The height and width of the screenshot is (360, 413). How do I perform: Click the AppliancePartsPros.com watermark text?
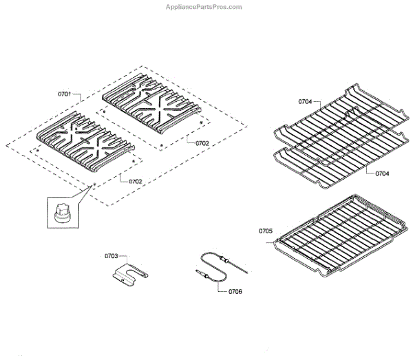point(204,7)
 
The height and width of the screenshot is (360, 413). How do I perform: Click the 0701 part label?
point(65,94)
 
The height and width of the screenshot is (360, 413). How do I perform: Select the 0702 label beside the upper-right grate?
point(202,143)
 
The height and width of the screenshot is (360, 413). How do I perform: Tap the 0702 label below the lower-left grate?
point(135,182)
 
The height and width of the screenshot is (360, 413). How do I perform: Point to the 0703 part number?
point(111,256)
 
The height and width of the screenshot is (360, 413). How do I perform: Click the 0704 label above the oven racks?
point(305,101)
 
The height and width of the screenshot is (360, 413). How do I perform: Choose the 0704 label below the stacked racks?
point(382,173)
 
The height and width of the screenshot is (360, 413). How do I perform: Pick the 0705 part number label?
point(265,231)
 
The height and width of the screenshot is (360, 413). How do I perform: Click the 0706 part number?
point(235,292)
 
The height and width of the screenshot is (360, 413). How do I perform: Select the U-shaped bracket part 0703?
point(130,275)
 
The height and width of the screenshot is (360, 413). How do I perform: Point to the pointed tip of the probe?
point(247,273)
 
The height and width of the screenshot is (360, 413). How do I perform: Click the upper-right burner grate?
point(151,103)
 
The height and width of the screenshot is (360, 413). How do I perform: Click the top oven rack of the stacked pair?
point(340,121)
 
